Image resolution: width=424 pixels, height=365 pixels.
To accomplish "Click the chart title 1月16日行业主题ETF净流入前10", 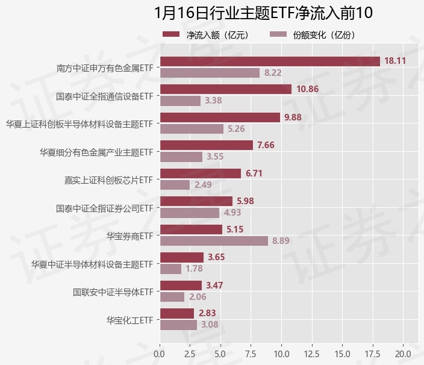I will pos(264,13).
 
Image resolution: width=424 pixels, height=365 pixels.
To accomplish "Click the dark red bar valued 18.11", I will pos(270,61).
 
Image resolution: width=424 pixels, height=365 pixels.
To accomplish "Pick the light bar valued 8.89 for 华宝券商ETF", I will pos(214,241).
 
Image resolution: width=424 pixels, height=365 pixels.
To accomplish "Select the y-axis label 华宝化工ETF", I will pos(129,320).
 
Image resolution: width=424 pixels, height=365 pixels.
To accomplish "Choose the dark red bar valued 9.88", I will pos(220,117).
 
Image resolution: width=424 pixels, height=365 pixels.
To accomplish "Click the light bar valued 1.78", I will pos(170,269).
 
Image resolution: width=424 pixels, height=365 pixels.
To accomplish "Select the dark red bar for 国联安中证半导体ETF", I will pos(181,285).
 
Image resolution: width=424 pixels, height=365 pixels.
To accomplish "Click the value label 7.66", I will pos(266,145).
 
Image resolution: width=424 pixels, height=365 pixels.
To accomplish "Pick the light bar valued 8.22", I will pos(210,73).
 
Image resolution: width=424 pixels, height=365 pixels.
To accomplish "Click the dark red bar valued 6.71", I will pos(201,173).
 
